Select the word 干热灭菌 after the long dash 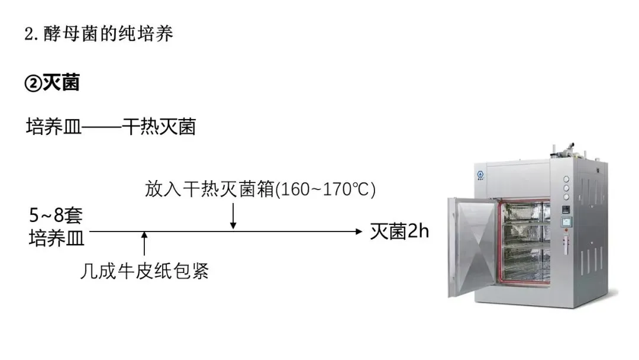[159, 127]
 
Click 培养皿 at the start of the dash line [50, 127]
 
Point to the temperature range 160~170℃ [324, 189]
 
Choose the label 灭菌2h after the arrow [399, 232]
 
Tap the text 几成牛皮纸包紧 [144, 271]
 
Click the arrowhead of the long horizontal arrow [357, 232]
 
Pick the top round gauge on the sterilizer [566, 179]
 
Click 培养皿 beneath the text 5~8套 [57, 238]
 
